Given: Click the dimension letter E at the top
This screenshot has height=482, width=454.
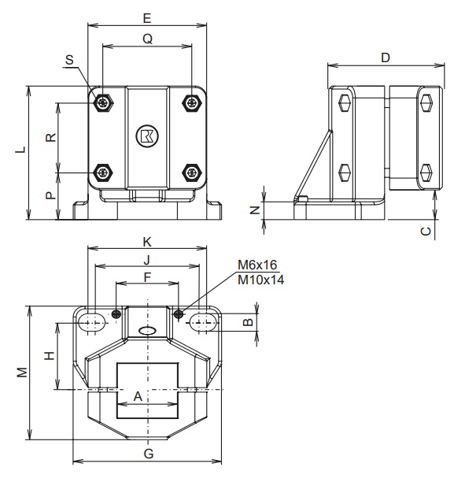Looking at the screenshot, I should (x=147, y=17).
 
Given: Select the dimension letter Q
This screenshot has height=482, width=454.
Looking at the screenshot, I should (x=147, y=37).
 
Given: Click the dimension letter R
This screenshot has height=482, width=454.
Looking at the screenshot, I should (x=50, y=137).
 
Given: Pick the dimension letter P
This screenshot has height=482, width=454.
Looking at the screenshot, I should (x=50, y=195).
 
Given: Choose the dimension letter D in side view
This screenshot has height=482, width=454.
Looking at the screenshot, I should (x=385, y=57).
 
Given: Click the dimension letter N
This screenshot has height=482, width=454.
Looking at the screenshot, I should (x=254, y=209).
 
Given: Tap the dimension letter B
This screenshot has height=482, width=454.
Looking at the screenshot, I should (x=246, y=322).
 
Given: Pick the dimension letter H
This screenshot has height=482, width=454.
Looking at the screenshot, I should (x=49, y=356).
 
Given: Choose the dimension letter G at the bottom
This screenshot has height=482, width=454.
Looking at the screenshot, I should (x=148, y=452).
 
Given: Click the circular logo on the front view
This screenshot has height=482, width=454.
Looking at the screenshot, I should (x=146, y=135).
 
